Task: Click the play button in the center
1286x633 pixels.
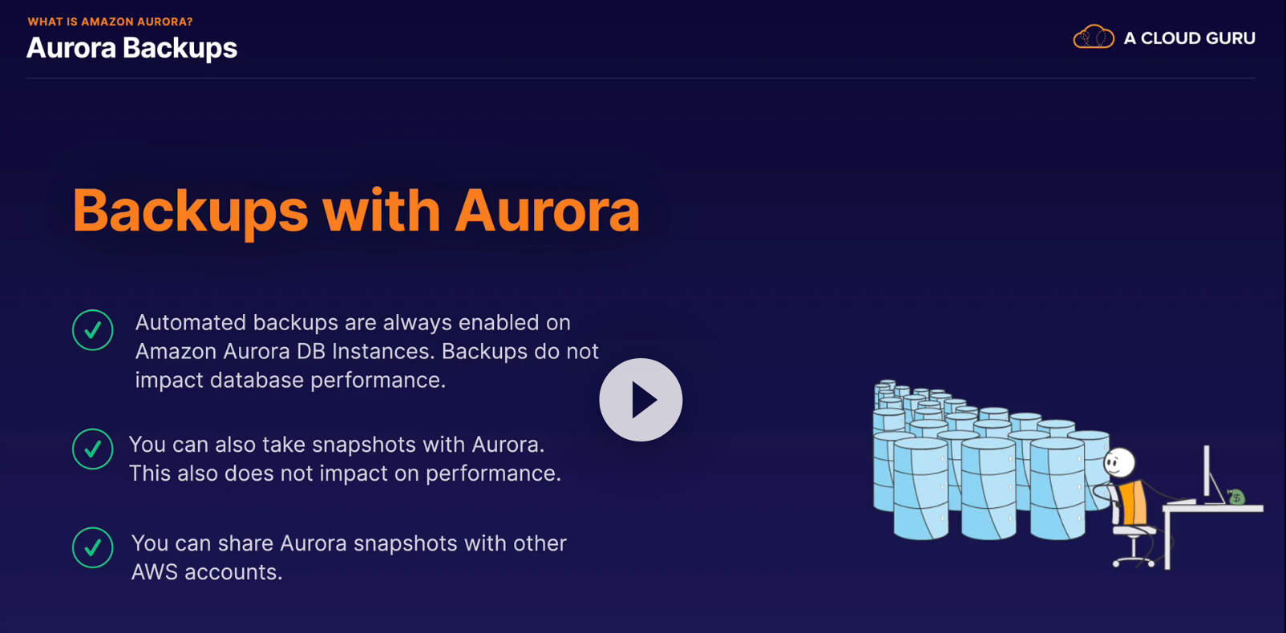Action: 641,399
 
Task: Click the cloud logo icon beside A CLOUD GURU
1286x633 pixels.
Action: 1094,38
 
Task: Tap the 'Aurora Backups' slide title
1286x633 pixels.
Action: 131,48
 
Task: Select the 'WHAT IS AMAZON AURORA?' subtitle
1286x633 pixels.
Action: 110,22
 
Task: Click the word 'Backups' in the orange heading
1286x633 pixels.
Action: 190,212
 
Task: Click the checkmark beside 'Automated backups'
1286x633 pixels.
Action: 92,329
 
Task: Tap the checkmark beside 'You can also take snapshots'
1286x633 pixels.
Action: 92,449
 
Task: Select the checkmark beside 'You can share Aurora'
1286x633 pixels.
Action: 92,547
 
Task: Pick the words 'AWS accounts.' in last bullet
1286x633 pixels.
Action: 207,572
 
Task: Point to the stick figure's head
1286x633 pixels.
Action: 1119,462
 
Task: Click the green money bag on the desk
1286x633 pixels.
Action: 1236,497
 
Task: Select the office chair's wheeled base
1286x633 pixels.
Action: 1134,558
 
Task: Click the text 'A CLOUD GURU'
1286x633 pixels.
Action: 1189,38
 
